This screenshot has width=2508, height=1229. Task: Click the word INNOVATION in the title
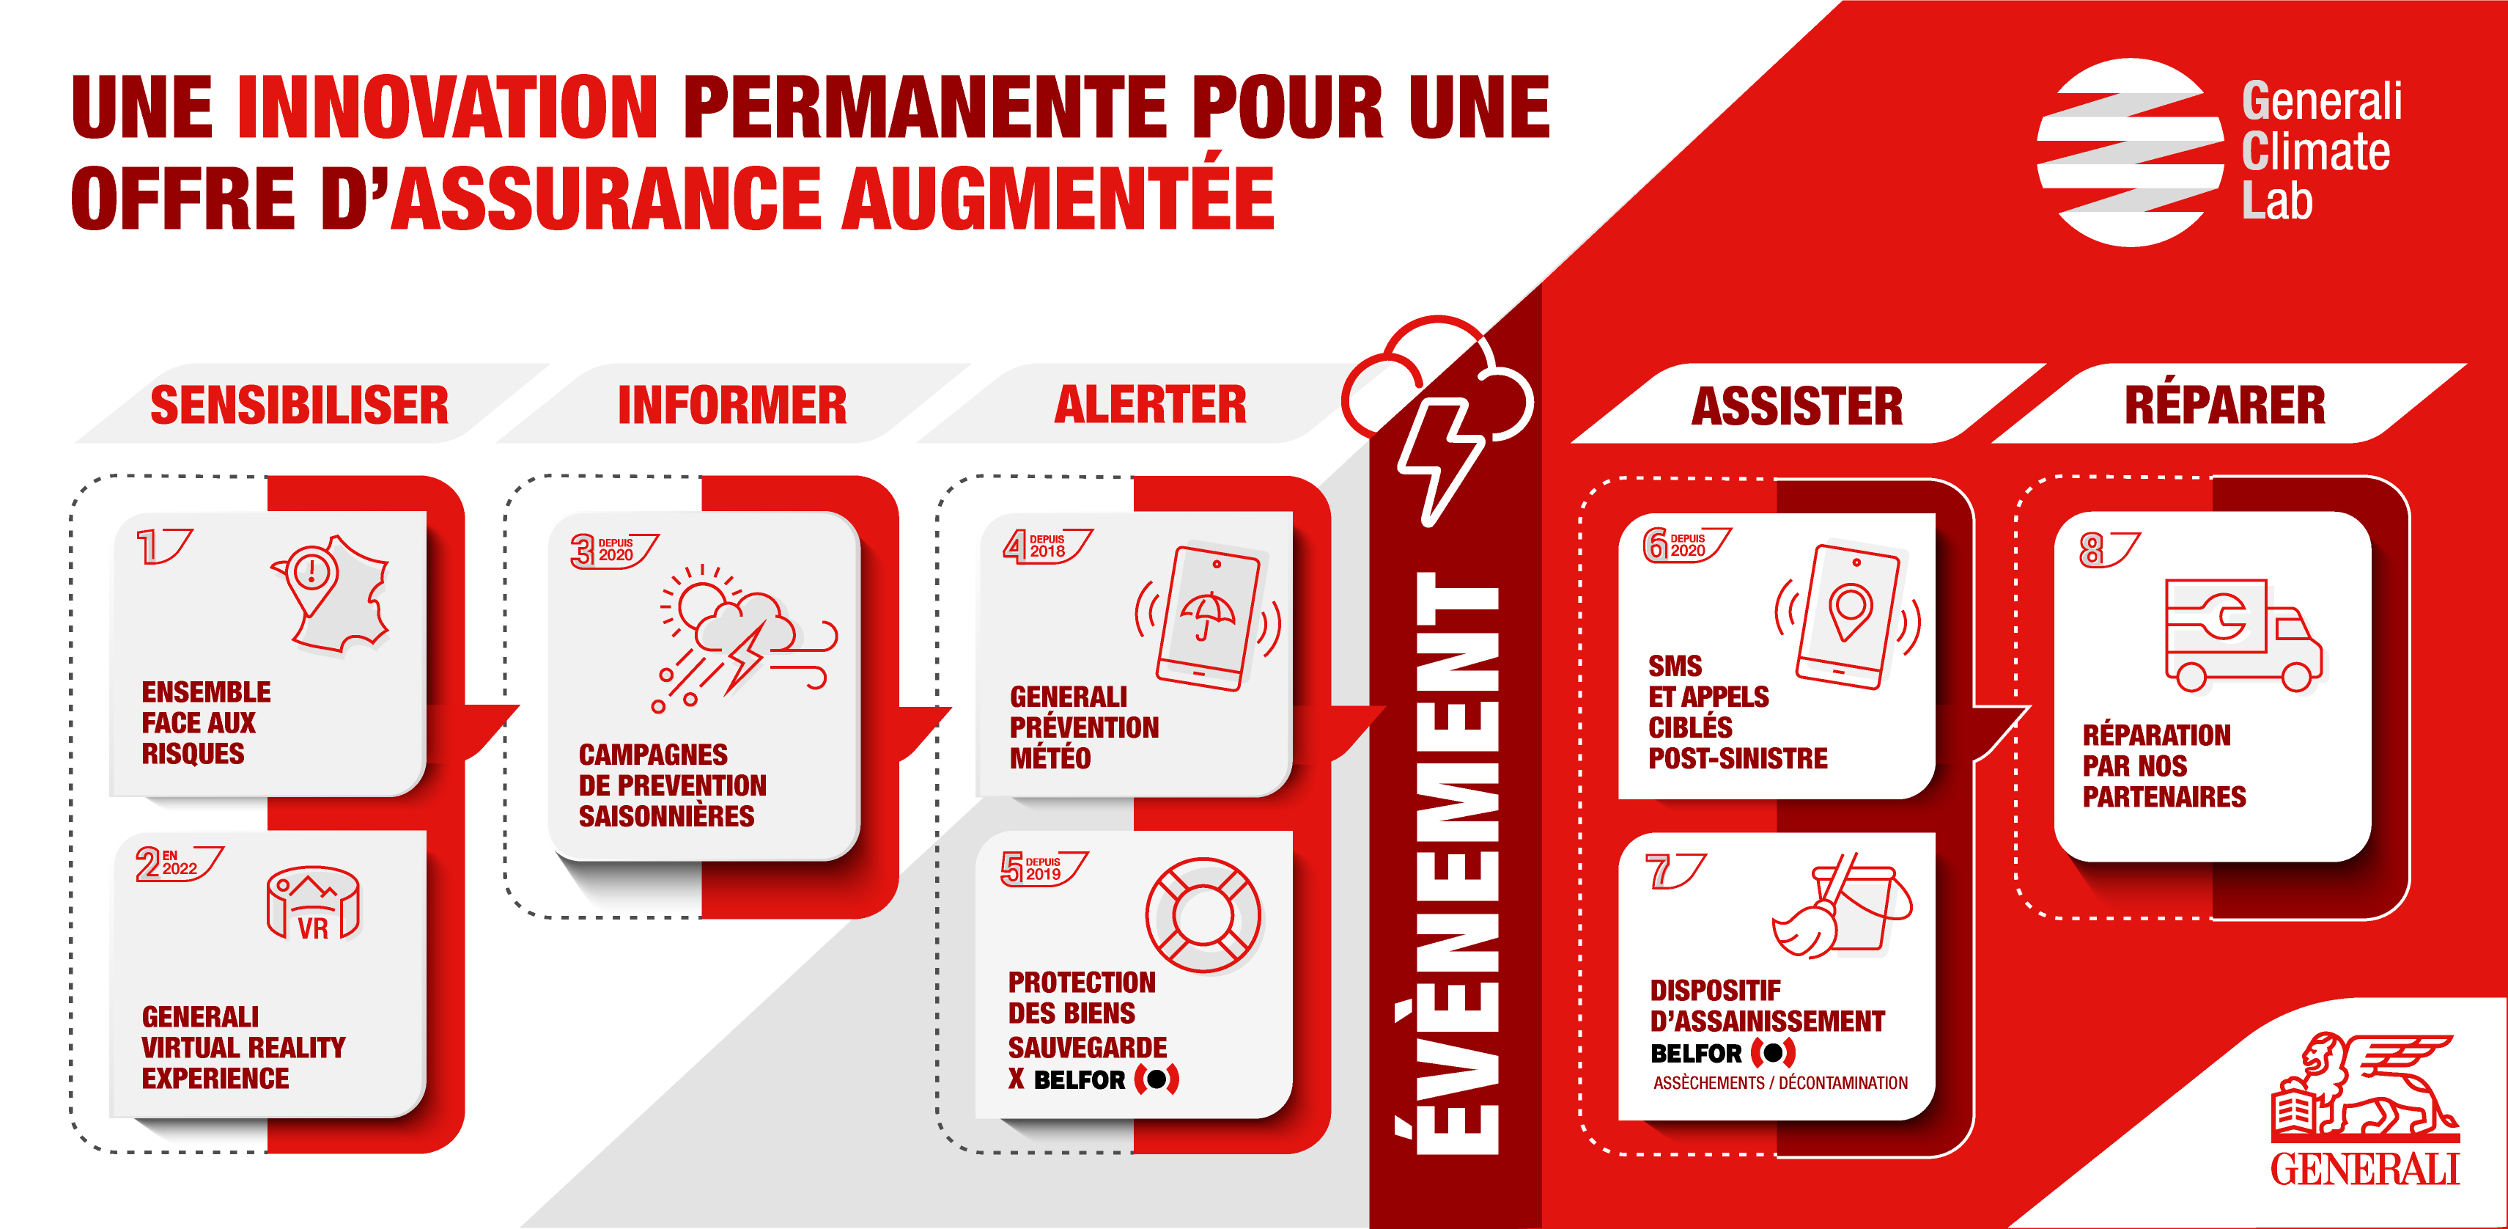click(448, 106)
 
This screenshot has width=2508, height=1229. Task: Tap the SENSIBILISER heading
click(299, 405)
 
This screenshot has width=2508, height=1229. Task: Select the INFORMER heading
click(732, 405)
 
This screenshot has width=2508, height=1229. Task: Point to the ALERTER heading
click(1150, 404)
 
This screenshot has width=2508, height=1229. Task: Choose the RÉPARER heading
click(2224, 404)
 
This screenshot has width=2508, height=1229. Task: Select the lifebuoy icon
click(1203, 915)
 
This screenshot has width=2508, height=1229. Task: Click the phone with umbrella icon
click(1207, 618)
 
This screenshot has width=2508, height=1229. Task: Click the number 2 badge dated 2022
click(179, 863)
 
